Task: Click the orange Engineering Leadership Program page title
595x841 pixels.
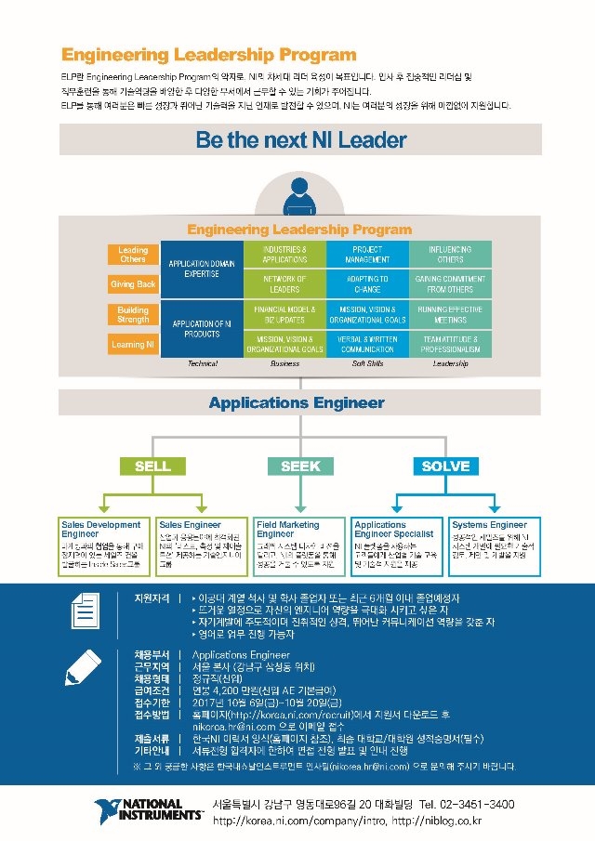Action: pos(208,56)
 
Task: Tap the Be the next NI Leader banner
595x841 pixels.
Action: pos(300,139)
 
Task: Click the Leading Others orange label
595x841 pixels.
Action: pos(133,255)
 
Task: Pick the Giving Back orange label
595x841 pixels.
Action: pos(133,284)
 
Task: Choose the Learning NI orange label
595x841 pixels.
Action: pos(133,344)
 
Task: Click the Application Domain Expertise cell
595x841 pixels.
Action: pos(202,269)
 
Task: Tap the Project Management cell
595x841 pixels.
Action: pos(367,255)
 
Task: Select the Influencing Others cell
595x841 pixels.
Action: pos(450,255)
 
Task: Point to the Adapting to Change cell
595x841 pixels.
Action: pos(367,284)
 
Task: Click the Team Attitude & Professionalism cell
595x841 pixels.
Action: pos(450,344)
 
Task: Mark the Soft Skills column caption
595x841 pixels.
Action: pos(367,364)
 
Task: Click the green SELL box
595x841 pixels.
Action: pos(152,466)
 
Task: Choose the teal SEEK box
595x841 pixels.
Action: pos(300,466)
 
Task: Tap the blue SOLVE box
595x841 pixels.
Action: pos(445,466)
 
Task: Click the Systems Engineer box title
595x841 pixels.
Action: pos(488,525)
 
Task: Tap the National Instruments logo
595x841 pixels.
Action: pos(149,808)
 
